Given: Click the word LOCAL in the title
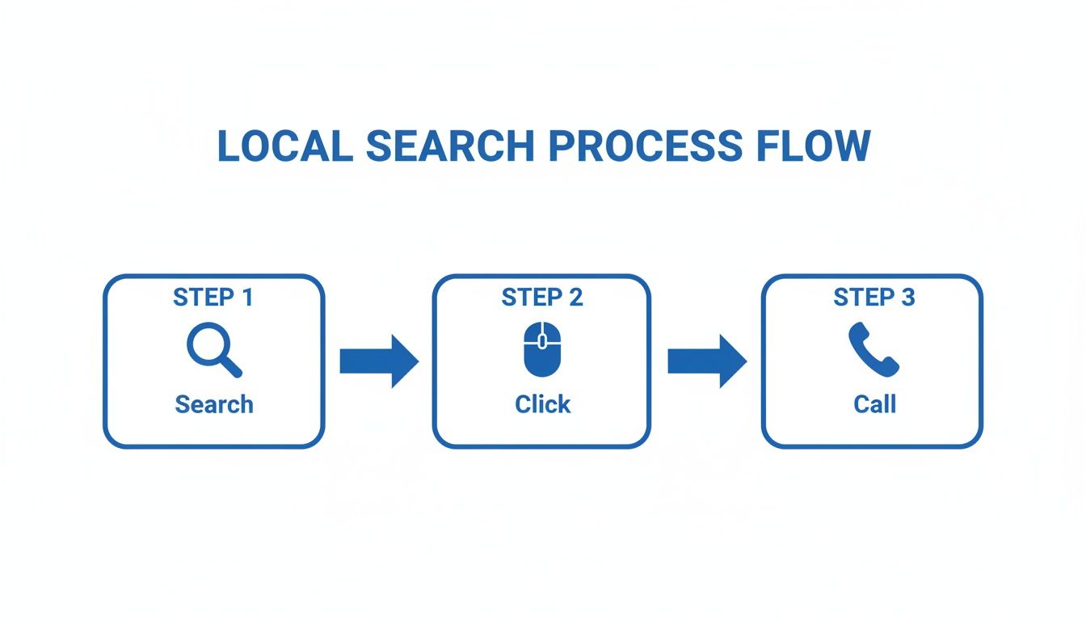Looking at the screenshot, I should point(284,146).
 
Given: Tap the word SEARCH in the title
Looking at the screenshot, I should point(450,146).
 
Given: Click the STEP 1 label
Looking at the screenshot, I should point(213,298).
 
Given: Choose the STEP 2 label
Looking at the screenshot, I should point(542,298).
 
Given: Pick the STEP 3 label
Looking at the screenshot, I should point(874,298).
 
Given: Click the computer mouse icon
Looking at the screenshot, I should point(541,349).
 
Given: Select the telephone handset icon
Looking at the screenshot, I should point(873,349).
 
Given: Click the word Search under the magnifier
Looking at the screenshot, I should point(214,404).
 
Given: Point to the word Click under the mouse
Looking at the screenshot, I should point(543,404).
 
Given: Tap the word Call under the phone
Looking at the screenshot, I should point(875,404).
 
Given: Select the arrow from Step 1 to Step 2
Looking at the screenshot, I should point(378,361).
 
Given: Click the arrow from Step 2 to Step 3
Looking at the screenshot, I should point(706,361).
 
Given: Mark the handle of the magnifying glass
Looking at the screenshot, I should point(231,367).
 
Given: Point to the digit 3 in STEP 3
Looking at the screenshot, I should point(907,298).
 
